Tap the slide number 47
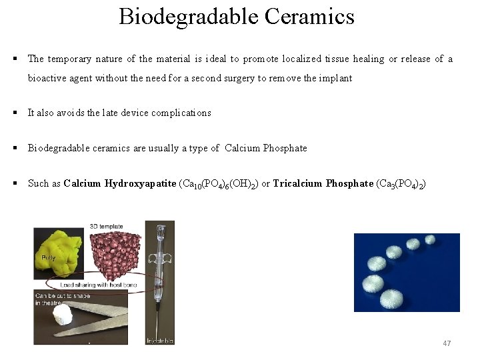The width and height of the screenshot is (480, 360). click(x=447, y=343)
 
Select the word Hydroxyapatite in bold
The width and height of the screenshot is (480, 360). click(x=141, y=183)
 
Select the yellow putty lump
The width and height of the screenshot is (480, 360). click(x=59, y=248)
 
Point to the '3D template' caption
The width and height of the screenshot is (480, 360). click(x=107, y=227)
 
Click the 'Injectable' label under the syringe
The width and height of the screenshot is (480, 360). click(x=160, y=341)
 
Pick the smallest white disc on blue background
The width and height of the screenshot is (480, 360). click(x=429, y=239)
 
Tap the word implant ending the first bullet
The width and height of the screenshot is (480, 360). click(x=337, y=78)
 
